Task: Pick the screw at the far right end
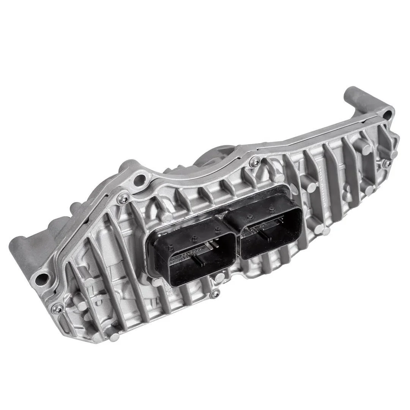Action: (387, 164)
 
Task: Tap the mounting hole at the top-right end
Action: (387, 113)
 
